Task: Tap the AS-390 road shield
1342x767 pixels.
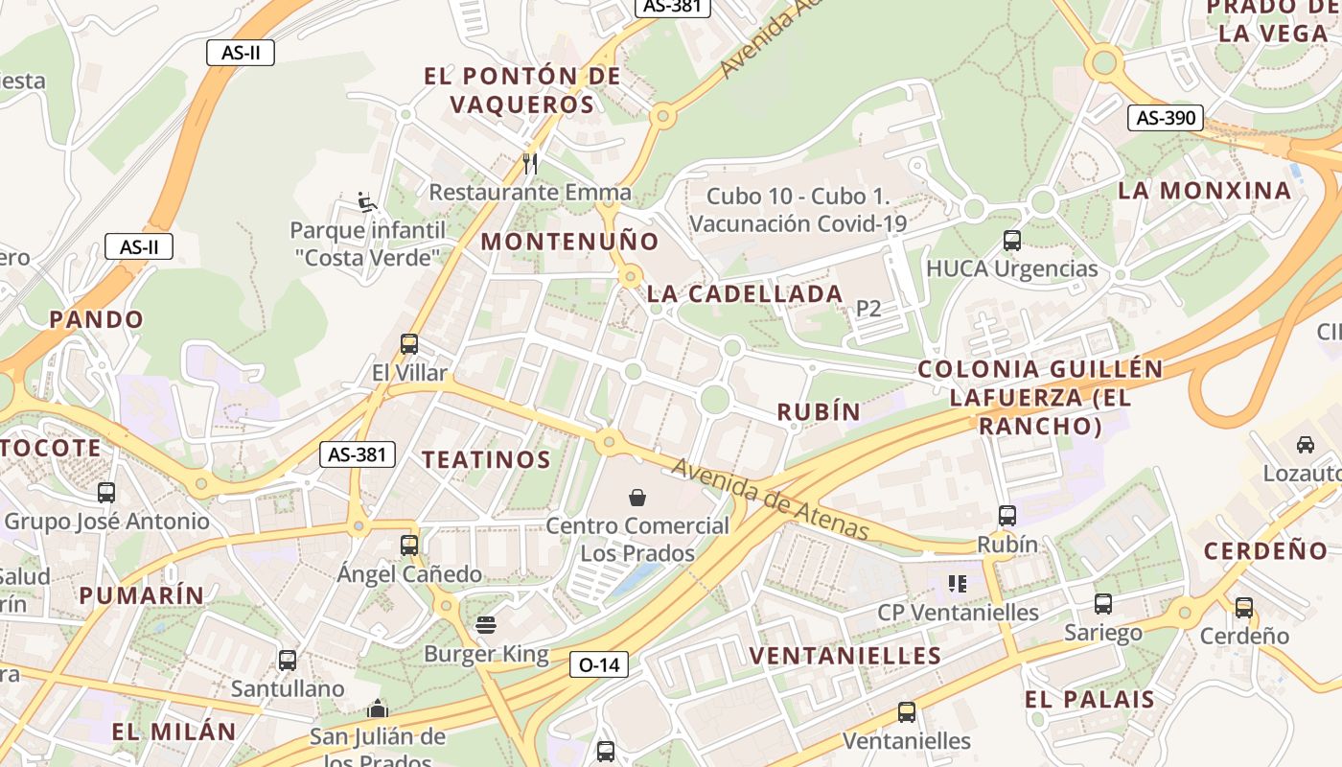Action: click(1165, 118)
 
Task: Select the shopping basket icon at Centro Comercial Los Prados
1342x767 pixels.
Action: click(637, 497)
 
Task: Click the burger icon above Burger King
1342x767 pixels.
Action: click(486, 626)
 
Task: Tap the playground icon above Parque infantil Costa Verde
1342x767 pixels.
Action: click(367, 202)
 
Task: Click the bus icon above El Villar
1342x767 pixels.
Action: click(409, 344)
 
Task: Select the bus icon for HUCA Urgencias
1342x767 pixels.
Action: click(1011, 241)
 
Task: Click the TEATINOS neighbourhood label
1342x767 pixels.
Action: click(487, 460)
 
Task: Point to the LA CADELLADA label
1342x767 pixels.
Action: click(745, 294)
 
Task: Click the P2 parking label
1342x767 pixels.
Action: click(868, 309)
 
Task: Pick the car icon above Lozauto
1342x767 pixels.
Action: click(1305, 445)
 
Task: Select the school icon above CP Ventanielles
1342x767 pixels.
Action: click(957, 583)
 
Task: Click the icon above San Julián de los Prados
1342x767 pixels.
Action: click(378, 709)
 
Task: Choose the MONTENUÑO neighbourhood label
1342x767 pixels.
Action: click(569, 242)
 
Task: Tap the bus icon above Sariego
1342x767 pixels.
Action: click(1103, 604)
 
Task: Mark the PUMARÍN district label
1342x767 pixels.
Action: click(142, 595)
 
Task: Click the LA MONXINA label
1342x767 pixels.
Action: click(1205, 191)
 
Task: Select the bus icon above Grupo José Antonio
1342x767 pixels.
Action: click(106, 493)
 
